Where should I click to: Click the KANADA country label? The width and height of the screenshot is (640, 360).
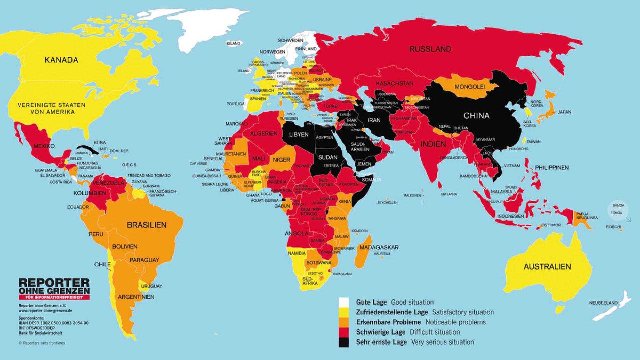(61, 60)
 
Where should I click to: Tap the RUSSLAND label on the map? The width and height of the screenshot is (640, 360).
(430, 49)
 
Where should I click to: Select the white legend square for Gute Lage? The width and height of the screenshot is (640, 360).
(344, 302)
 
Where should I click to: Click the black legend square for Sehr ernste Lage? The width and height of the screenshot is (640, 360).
(344, 342)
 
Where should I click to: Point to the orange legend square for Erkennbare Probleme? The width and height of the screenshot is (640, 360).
(344, 322)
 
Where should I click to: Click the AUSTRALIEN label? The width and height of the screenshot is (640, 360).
(547, 267)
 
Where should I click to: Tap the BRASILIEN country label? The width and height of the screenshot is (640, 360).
(146, 225)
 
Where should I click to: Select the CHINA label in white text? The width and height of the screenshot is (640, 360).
(476, 116)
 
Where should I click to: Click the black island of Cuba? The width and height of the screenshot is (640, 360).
(87, 150)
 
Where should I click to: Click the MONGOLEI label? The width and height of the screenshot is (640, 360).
(469, 87)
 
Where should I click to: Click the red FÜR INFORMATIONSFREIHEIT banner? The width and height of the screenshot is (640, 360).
(54, 297)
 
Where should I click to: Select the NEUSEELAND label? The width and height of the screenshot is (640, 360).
(603, 303)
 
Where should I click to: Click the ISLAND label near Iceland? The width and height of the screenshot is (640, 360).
(233, 44)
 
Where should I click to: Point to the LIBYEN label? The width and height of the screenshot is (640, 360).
(298, 135)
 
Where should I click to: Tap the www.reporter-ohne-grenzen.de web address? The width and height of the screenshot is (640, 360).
(45, 310)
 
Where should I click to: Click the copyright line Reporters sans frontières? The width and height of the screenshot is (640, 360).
(42, 343)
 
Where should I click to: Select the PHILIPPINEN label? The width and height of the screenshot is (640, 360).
(552, 168)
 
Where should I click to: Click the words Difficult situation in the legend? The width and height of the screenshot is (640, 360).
(435, 332)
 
